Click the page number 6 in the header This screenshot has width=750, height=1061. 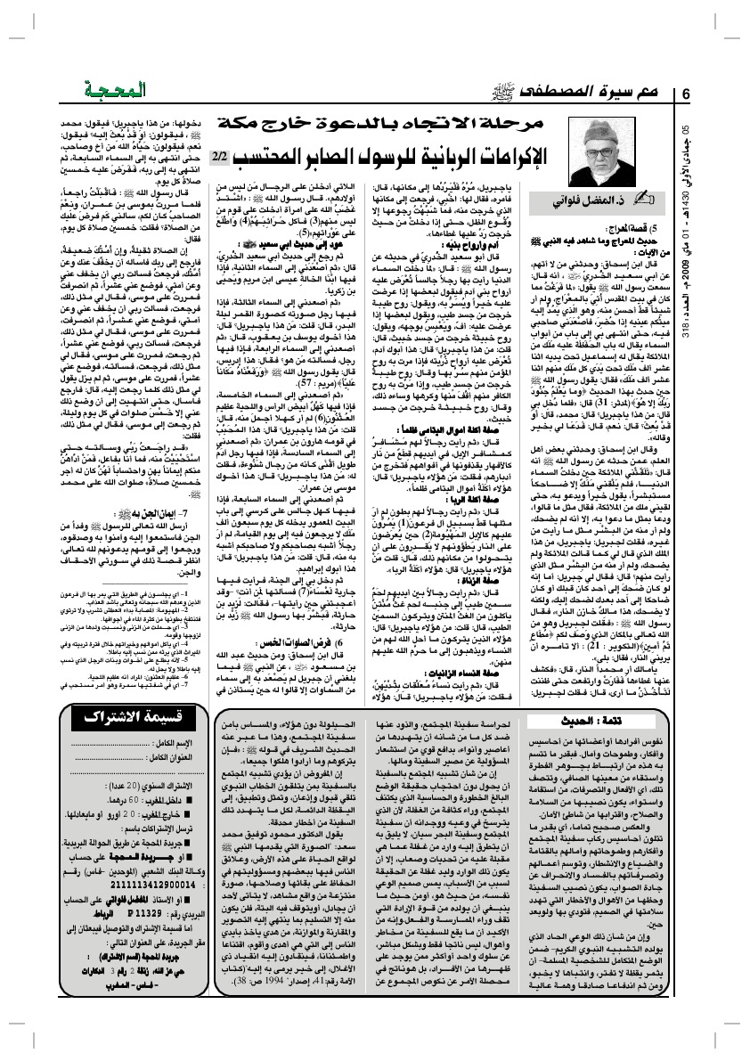[x=687, y=94]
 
